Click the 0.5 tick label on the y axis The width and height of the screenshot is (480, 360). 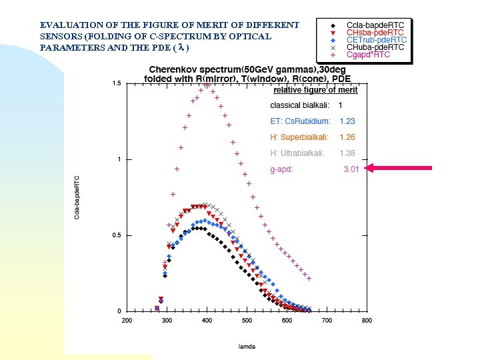click(116, 235)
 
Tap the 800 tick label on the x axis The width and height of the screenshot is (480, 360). click(366, 321)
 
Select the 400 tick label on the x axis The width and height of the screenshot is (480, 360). click(207, 321)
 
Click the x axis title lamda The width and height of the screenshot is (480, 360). click(247, 346)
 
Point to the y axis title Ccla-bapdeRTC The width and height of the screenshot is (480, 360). click(77, 197)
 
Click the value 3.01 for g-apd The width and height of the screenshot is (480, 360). click(351, 169)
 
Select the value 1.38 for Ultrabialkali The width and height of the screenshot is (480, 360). click(347, 153)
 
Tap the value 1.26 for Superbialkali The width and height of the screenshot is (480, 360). click(347, 137)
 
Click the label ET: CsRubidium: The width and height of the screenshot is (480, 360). click(299, 121)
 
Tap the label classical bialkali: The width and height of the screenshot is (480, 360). click(298, 105)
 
